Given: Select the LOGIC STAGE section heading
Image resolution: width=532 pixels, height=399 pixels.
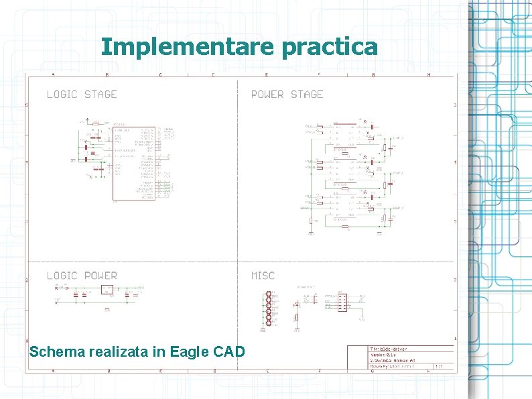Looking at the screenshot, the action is (x=82, y=95).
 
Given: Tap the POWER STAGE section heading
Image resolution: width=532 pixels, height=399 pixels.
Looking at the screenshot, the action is (x=287, y=95).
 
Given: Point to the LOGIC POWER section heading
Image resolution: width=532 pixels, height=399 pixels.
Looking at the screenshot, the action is (x=82, y=276).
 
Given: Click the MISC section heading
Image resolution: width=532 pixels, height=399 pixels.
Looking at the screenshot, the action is (x=263, y=276).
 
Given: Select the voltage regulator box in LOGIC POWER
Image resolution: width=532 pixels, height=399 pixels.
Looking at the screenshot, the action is (x=107, y=290).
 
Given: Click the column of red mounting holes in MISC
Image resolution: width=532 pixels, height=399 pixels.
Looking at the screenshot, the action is (x=268, y=309).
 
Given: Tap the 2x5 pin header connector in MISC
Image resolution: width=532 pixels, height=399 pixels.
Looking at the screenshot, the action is (x=342, y=302).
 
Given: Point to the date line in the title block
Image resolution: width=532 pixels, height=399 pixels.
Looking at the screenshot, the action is (x=392, y=360).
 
